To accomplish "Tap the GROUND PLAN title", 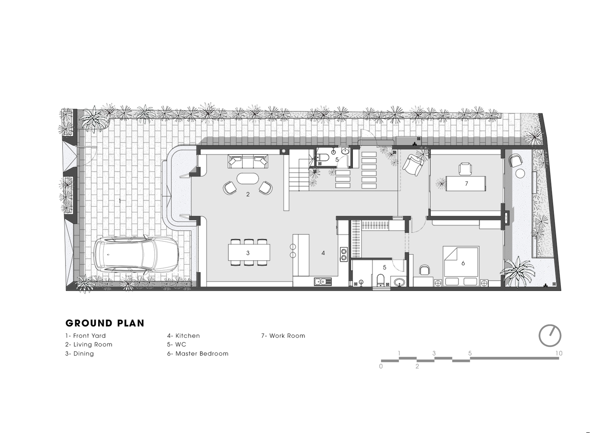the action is click(x=105, y=323).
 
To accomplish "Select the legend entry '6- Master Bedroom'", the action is click(x=198, y=354).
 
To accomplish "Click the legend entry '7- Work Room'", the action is click(x=283, y=336).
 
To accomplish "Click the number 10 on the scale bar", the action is click(x=559, y=353).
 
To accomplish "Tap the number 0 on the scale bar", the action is click(x=381, y=366).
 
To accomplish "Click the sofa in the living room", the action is click(x=248, y=161).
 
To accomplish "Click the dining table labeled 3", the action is click(x=249, y=252).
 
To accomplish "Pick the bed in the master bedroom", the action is click(x=461, y=266).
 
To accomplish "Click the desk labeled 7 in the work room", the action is click(x=466, y=184).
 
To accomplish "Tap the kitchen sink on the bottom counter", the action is click(x=323, y=281).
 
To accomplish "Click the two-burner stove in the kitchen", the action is click(x=344, y=254).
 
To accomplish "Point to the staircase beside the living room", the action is click(x=299, y=174).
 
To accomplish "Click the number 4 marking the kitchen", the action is click(x=323, y=253).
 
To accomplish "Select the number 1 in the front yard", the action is click(x=120, y=201).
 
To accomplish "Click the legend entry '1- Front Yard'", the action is click(x=86, y=336).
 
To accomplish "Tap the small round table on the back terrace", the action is click(x=520, y=174).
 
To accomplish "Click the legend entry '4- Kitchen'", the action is click(x=183, y=336).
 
